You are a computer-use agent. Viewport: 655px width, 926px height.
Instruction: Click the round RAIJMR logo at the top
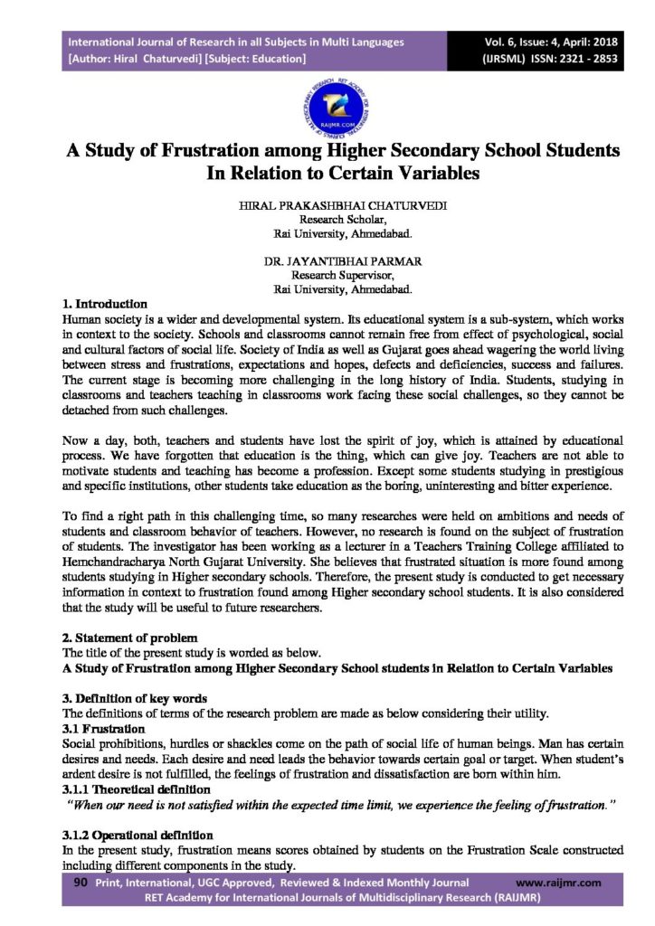click(327, 103)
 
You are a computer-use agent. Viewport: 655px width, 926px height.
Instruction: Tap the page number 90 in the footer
click(79, 882)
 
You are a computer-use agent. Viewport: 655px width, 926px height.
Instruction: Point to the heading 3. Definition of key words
click(135, 698)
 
